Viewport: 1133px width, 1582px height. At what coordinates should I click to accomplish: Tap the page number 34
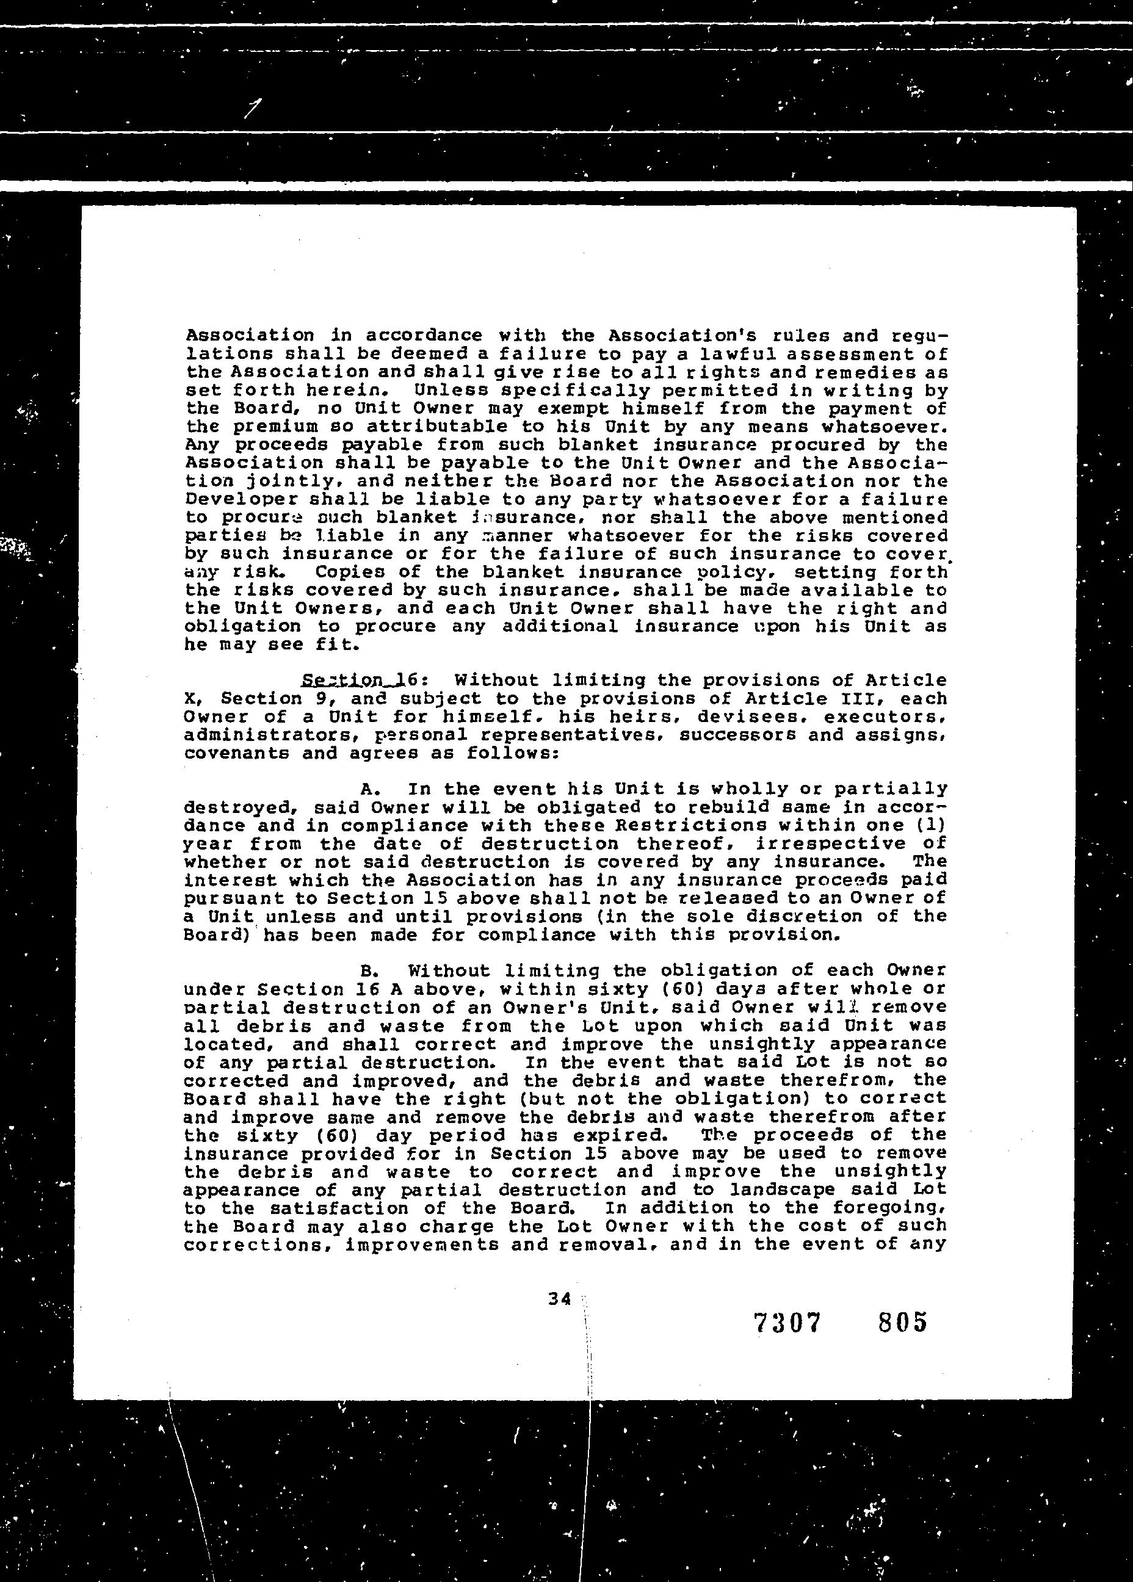[560, 1299]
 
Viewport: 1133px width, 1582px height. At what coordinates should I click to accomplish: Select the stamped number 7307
[787, 1322]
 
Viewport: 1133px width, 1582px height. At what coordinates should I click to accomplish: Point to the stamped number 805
[903, 1321]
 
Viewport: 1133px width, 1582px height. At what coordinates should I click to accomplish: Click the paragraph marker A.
[369, 789]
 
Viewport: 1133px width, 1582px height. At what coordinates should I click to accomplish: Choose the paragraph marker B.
[369, 970]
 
